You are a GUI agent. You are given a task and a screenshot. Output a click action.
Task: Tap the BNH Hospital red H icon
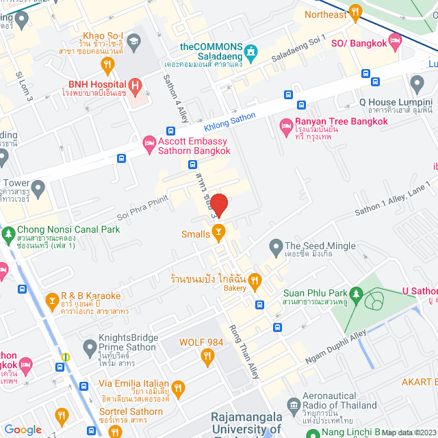tap(136, 86)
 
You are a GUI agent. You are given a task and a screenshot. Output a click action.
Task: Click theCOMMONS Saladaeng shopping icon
tap(250, 51)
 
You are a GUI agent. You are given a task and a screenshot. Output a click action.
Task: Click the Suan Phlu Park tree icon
tap(274, 299)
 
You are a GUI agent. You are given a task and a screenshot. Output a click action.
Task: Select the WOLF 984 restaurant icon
tap(207, 355)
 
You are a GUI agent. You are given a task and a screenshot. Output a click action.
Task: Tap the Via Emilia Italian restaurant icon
tap(178, 389)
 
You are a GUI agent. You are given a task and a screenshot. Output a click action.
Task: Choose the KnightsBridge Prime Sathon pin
tap(89, 348)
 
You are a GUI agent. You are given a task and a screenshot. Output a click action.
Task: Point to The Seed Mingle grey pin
tap(275, 246)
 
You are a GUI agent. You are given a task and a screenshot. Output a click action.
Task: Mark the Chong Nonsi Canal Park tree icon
tap(9, 234)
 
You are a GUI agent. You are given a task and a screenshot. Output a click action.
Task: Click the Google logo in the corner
tap(23, 429)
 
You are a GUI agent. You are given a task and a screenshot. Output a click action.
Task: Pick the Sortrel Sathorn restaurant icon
tap(62, 415)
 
